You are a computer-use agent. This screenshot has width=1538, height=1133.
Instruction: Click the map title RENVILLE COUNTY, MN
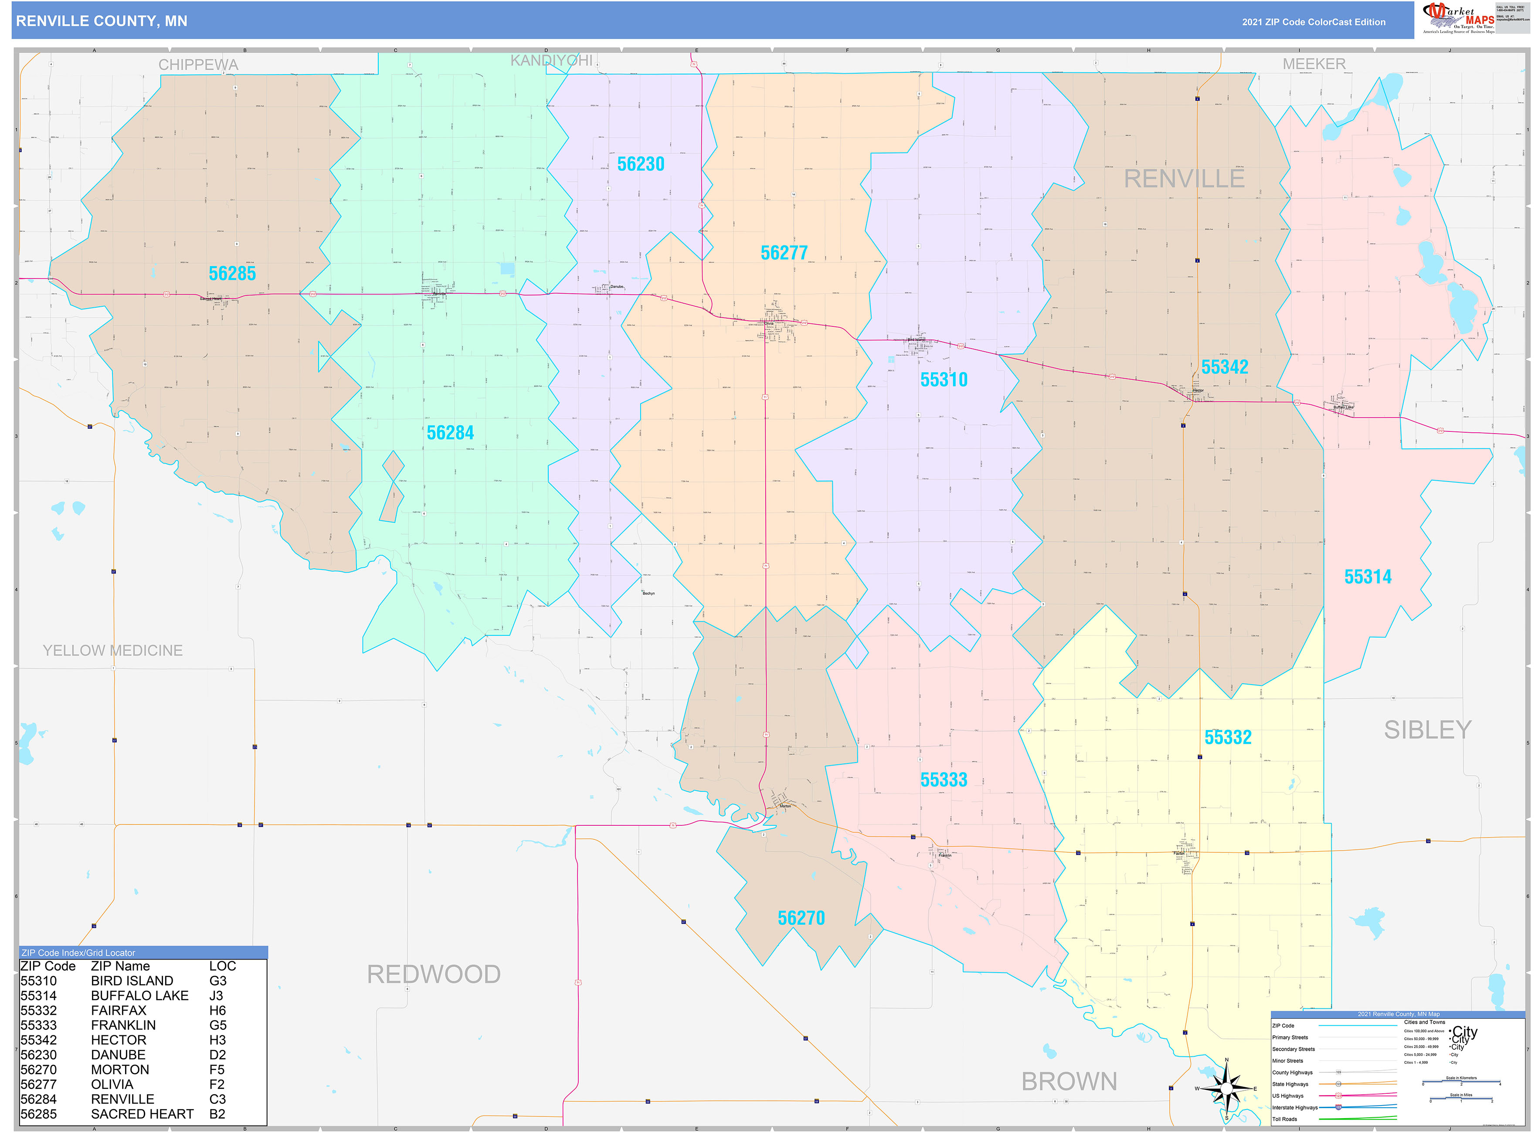pos(102,21)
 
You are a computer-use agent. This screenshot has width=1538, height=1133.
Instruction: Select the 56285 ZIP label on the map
pos(232,274)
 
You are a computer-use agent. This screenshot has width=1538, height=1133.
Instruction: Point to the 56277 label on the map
pos(784,253)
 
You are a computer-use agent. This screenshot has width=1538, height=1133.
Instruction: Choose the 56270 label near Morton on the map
pos(801,918)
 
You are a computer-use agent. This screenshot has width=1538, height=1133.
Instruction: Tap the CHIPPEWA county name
pos(198,64)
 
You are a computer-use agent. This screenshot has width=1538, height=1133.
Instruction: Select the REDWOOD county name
pos(434,974)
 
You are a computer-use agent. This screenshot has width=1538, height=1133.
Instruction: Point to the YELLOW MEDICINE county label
pos(112,650)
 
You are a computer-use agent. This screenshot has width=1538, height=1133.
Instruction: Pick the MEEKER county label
pos(1314,64)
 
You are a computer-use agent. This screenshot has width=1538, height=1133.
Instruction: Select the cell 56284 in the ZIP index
pos(38,1099)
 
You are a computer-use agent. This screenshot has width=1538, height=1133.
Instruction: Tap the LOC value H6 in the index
pos(217,1010)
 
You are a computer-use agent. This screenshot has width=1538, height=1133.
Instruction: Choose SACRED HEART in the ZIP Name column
pos(142,1114)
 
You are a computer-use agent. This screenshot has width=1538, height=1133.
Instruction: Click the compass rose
pos(1226,1089)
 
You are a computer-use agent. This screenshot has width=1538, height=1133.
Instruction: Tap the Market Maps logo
pos(1458,18)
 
